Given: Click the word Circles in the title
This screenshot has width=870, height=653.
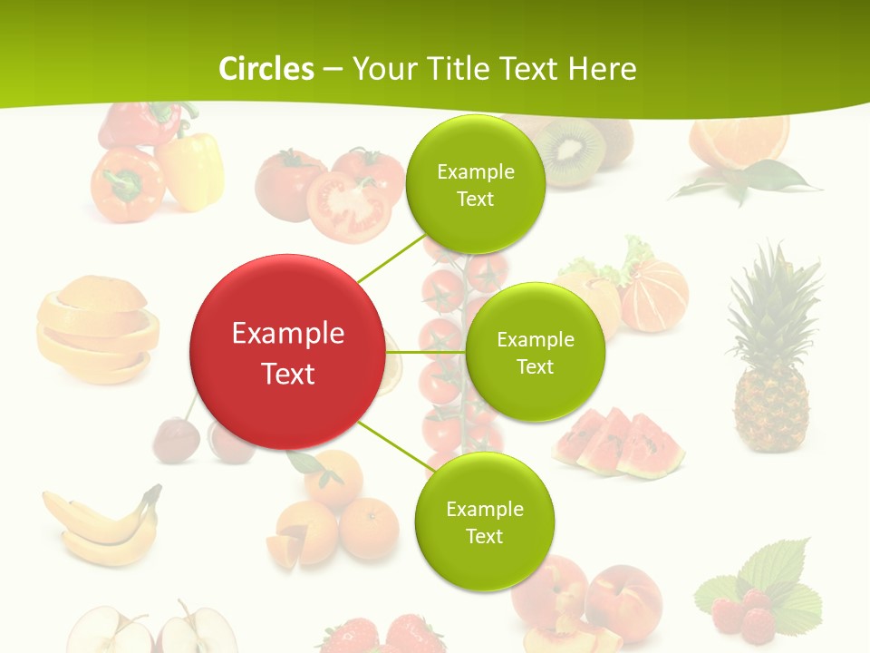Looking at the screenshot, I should point(266,69).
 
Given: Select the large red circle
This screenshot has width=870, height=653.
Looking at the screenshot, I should point(287,352).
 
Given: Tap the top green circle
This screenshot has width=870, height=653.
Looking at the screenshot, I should point(475,184).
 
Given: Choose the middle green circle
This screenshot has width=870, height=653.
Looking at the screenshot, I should point(535,352).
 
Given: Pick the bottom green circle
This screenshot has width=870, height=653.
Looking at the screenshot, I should point(484,521).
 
